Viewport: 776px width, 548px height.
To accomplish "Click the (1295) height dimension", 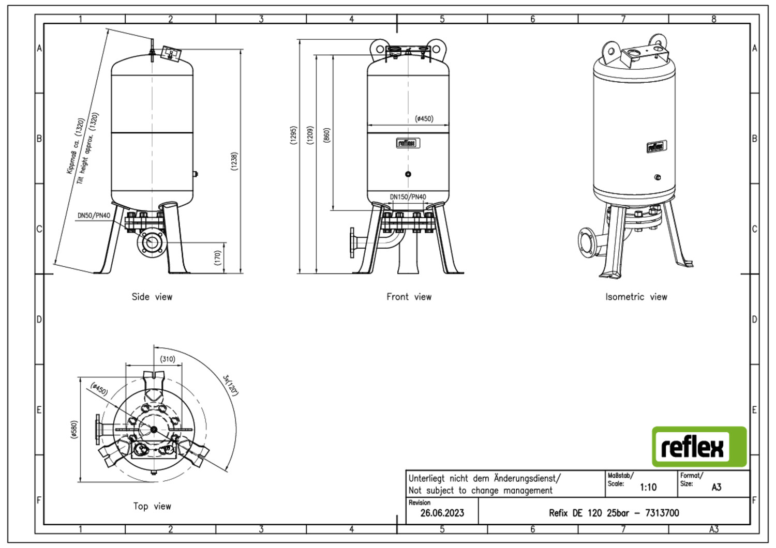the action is pos(293,135).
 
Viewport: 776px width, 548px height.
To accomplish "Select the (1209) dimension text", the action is pos(310,135).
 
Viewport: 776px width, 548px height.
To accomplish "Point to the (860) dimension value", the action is pos(326,135).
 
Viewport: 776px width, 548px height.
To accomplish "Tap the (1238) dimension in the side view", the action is pos(234,161).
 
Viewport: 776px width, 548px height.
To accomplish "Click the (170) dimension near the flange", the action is pos(218,258).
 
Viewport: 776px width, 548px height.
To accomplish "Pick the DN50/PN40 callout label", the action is pos(94,216).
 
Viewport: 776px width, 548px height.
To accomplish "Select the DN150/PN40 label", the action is pos(408,196).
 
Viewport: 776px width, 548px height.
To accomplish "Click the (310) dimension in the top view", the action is pos(167,359).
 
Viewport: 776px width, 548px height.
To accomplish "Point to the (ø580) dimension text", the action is pos(74,430).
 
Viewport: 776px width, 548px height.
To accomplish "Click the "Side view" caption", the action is pos(152,297).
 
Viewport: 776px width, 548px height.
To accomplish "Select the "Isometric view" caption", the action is pos(636,297).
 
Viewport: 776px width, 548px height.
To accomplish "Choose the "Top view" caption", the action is pos(152,506).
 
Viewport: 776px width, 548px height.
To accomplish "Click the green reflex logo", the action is pos(699,447).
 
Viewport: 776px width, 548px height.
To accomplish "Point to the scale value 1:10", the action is pos(648,488).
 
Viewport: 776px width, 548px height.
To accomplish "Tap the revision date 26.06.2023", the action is pos(442,513).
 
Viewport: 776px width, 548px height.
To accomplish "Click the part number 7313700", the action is pos(662,513).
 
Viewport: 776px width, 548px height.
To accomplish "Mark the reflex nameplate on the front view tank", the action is pos(408,143).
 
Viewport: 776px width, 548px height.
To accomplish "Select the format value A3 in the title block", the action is pos(717,488).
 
